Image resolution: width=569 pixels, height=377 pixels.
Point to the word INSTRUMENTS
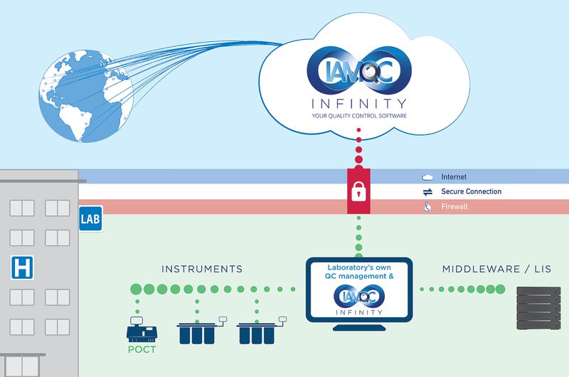point(202,269)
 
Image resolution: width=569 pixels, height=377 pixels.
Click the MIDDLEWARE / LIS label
point(496,269)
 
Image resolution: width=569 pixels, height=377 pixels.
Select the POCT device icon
point(140,329)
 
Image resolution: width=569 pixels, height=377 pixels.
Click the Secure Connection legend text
point(471,192)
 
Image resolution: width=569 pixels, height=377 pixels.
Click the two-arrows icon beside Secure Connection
point(427,192)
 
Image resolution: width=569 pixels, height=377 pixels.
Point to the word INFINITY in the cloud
point(358,102)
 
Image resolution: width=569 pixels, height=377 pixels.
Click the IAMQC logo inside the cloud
point(358,68)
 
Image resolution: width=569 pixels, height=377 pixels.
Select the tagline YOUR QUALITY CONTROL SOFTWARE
point(358,115)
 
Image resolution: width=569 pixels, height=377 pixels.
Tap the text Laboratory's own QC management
point(359,271)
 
